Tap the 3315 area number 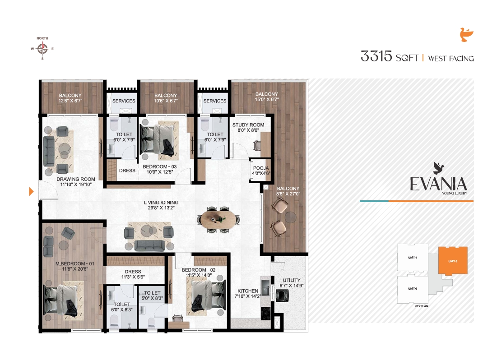pos(376,57)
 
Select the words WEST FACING pos(451,58)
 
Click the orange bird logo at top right pos(466,35)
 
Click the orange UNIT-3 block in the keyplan pos(453,261)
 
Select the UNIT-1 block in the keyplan pos(412,258)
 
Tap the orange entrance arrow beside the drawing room pos(31,191)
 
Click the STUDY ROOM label pos(248,125)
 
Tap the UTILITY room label pos(291,280)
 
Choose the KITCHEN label pos(248,291)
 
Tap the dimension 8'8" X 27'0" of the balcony pos(288,194)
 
